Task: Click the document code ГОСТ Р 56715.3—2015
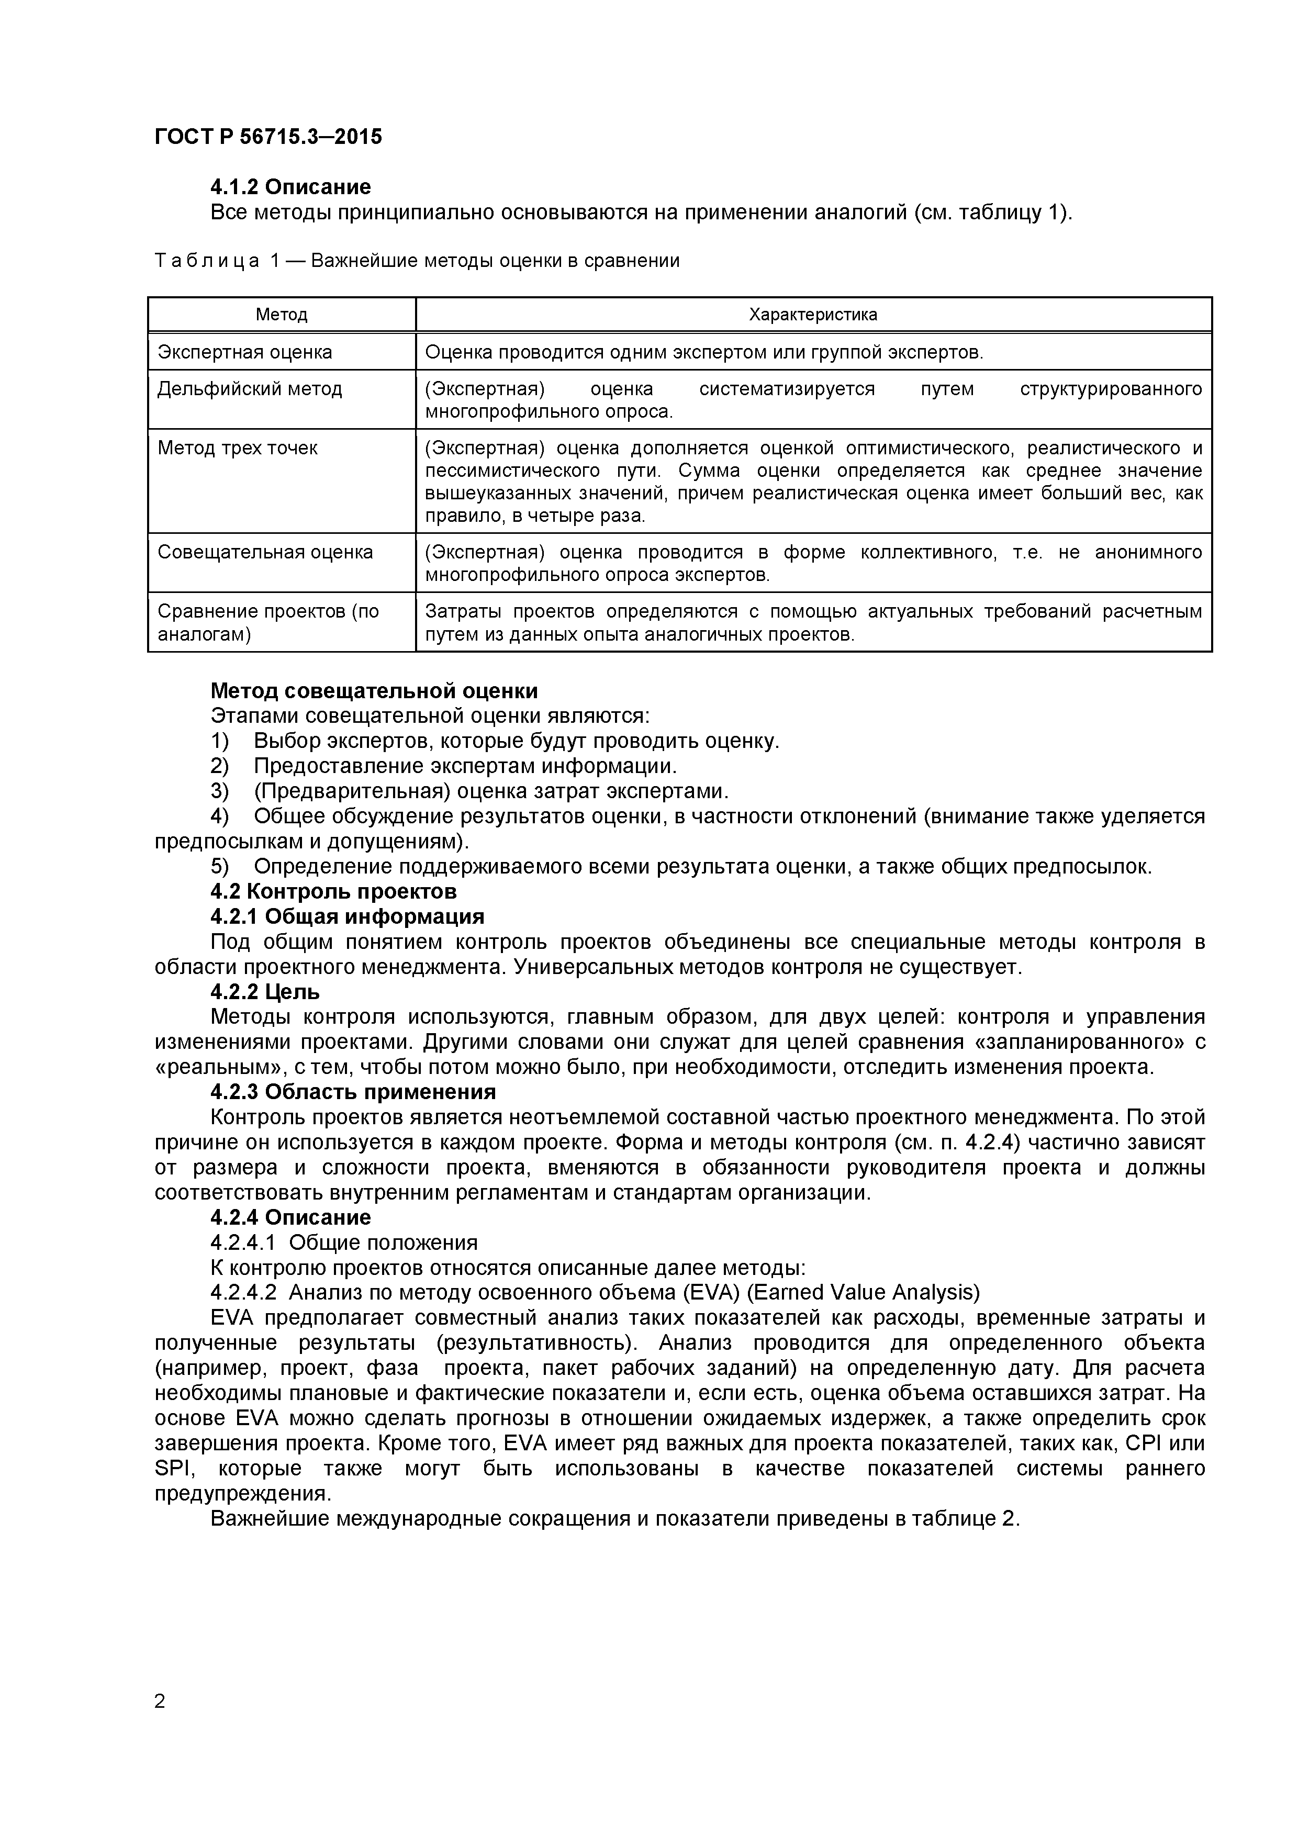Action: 268,137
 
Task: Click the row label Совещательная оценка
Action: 265,552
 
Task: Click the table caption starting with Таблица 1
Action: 416,260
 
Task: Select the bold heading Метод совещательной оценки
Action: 374,690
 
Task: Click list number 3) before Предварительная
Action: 219,791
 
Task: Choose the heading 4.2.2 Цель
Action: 265,992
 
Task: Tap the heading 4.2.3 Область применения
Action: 353,1092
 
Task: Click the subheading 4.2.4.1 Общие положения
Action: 344,1242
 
